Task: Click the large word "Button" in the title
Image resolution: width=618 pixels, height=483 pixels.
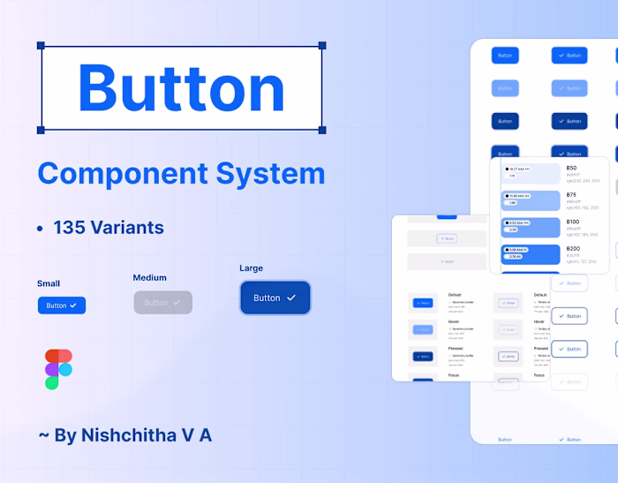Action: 181,87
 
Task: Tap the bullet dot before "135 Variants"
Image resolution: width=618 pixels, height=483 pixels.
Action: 41,229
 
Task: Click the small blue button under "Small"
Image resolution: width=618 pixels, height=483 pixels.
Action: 62,306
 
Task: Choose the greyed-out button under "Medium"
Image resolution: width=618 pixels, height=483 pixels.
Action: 162,302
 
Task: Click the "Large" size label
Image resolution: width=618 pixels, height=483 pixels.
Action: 251,268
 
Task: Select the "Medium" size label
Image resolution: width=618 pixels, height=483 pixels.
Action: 150,278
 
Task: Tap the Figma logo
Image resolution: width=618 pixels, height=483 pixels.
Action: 58,369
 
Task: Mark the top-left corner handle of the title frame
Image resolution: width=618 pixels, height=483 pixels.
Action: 41,45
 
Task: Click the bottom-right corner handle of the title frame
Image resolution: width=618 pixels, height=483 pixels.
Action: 322,130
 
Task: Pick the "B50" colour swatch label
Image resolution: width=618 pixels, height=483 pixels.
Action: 571,168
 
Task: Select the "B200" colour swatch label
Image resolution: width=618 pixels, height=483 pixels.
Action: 573,249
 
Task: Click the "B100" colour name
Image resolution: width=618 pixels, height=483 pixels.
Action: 573,222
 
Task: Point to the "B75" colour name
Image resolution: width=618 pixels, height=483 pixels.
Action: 571,195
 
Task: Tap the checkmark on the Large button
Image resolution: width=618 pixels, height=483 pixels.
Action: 291,298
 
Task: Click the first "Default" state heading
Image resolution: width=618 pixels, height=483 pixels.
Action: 455,295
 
